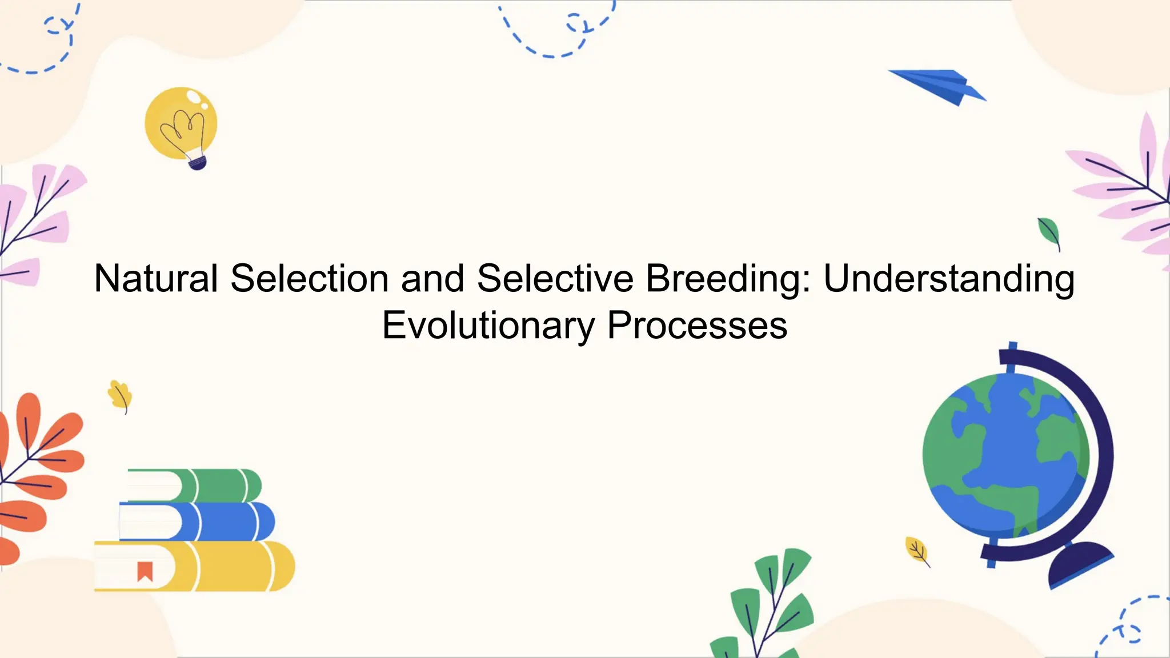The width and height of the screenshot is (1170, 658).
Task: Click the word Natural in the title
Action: pyautogui.click(x=155, y=279)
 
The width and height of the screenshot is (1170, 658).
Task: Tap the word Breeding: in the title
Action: pyautogui.click(x=728, y=280)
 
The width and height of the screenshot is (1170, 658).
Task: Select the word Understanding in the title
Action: pyautogui.click(x=948, y=280)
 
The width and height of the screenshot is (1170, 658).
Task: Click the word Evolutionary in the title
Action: pyautogui.click(x=488, y=326)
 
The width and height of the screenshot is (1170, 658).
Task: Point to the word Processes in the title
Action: pyautogui.click(x=697, y=326)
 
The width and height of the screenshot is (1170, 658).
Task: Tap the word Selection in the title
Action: pyautogui.click(x=310, y=279)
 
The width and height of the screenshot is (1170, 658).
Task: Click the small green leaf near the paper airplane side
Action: pyautogui.click(x=1049, y=232)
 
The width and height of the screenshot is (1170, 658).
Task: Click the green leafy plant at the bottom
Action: pyautogui.click(x=771, y=605)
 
